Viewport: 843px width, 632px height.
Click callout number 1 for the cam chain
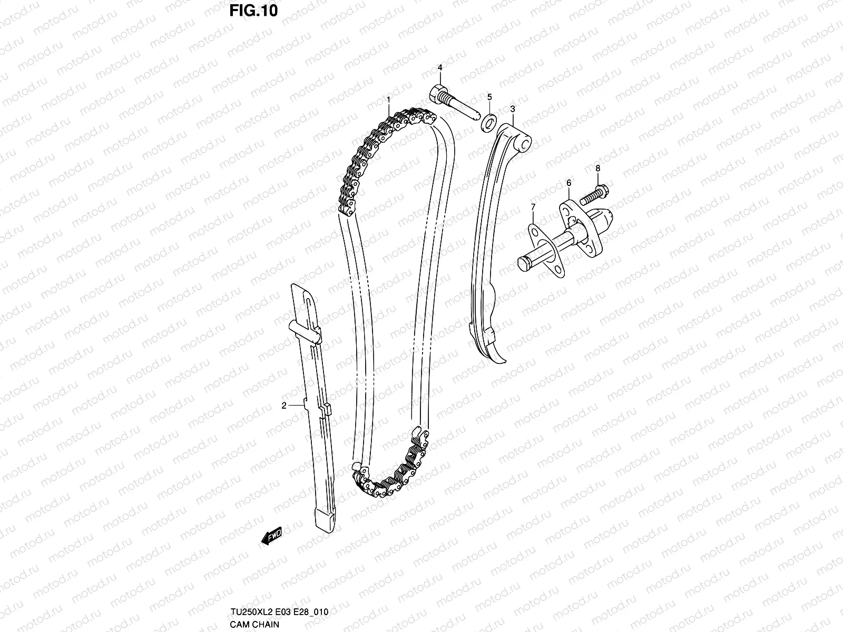point(388,99)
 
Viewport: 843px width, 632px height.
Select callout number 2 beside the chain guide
point(283,405)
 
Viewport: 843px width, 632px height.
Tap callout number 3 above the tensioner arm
point(439,67)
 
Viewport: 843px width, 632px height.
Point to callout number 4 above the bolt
point(489,97)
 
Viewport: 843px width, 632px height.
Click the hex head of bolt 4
point(438,94)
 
